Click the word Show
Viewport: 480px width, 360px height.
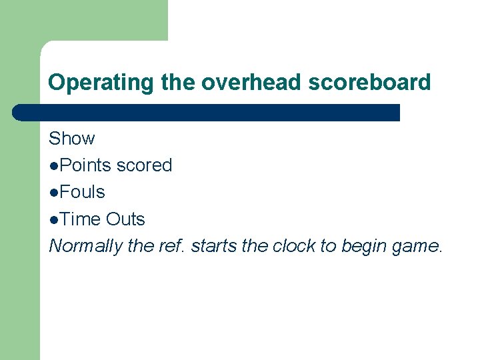click(x=72, y=139)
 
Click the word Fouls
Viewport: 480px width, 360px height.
click(x=81, y=192)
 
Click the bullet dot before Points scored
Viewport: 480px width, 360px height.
click(x=53, y=166)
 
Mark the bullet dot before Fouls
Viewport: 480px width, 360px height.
click(x=53, y=193)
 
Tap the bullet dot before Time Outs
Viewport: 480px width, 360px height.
click(x=53, y=219)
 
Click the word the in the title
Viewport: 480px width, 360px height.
click(x=177, y=83)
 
